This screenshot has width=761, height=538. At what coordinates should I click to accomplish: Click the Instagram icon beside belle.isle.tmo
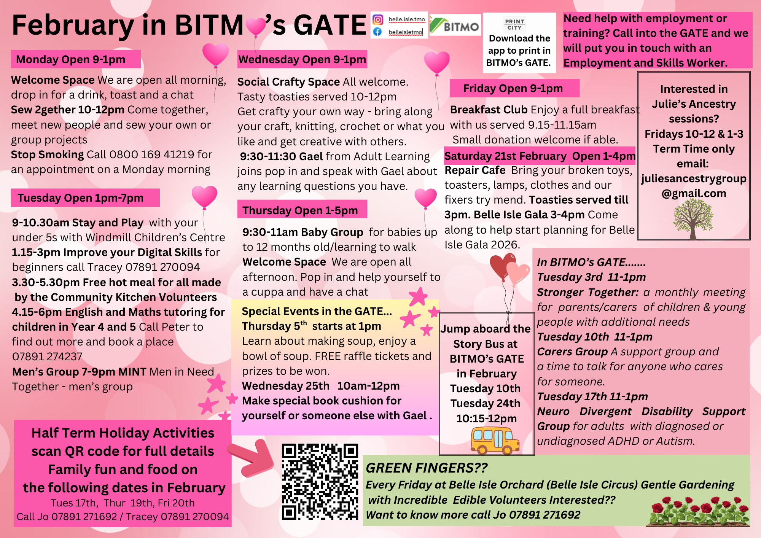coord(377,20)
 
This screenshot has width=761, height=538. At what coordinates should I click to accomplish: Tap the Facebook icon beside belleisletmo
coord(377,32)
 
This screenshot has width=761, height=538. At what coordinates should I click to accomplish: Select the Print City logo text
coord(514,24)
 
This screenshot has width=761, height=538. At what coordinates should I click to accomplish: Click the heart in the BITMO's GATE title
coord(255,27)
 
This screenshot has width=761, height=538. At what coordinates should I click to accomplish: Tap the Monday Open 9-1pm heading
coord(71,59)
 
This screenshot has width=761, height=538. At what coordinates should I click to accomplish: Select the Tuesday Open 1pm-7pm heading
coord(80,198)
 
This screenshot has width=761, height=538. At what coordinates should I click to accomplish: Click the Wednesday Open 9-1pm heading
coord(302,59)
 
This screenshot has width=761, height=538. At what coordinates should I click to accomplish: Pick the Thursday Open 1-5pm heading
coord(300,210)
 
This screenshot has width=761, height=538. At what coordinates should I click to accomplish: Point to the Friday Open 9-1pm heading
coord(513,89)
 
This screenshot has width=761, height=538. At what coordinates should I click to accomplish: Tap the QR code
coord(320,481)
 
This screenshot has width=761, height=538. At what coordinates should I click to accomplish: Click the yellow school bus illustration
coord(495,440)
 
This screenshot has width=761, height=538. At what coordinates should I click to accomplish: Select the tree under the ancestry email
coord(693,219)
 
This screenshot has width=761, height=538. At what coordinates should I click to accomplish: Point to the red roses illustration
coord(699,512)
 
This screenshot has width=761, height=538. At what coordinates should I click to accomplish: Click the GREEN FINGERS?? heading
coord(426,468)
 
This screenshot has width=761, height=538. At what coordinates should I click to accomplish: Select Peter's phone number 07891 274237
coord(47,357)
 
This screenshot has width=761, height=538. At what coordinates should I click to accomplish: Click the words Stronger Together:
coord(587,292)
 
